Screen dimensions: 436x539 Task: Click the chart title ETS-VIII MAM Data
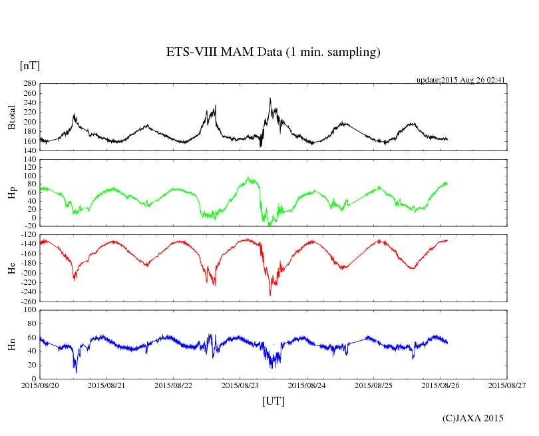(273, 53)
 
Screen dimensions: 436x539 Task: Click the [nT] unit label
(30, 65)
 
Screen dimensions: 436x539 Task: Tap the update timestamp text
(461, 80)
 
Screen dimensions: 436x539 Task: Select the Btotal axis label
(11, 117)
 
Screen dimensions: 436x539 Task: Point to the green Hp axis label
(11, 193)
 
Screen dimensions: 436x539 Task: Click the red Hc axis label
(11, 268)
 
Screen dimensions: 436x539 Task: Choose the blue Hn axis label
(11, 344)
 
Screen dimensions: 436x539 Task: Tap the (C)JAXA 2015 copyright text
(473, 418)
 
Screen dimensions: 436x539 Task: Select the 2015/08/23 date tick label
(240, 385)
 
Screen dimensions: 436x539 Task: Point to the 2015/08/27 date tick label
(507, 385)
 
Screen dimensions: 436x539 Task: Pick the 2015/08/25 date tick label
(373, 385)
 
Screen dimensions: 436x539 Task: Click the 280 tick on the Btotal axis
(29, 84)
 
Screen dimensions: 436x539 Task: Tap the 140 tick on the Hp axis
(29, 160)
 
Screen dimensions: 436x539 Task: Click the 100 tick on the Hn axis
(29, 310)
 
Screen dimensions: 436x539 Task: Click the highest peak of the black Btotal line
(269, 99)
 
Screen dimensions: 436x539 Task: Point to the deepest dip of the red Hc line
(270, 295)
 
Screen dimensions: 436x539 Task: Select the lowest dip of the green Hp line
(269, 225)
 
